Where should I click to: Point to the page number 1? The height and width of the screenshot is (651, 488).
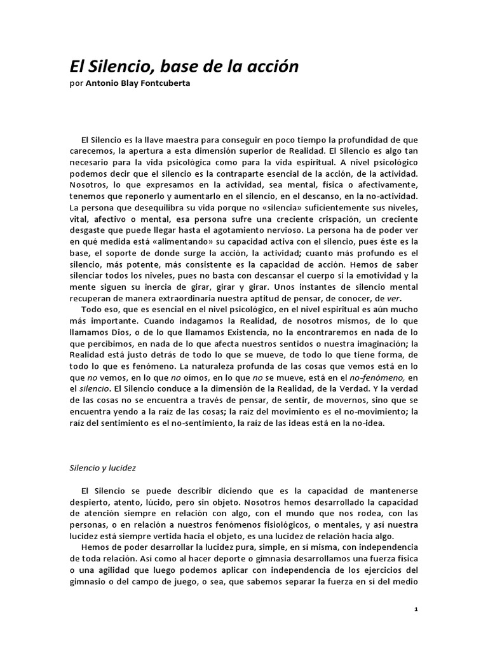pyautogui.click(x=416, y=608)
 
